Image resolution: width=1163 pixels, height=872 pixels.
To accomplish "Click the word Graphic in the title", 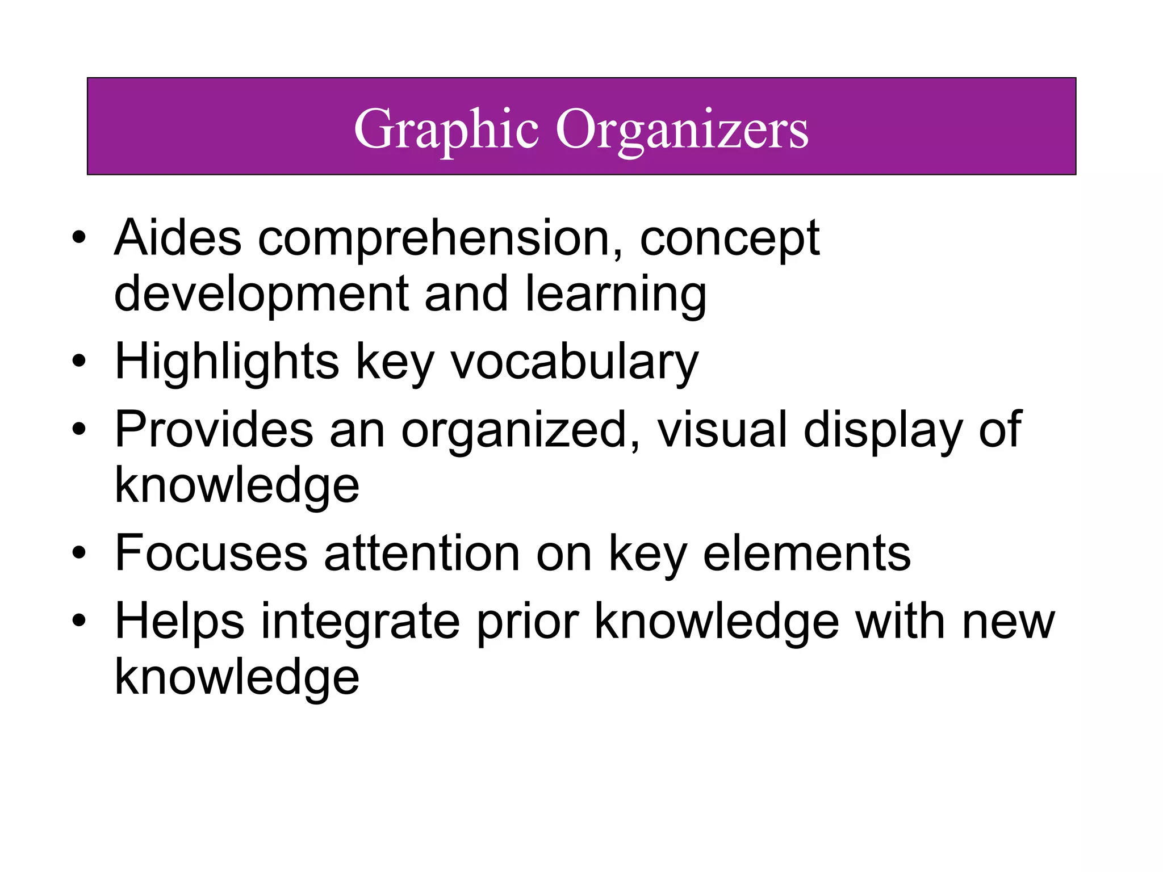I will coord(446,129).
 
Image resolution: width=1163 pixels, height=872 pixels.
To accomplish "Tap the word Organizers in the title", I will coord(681,129).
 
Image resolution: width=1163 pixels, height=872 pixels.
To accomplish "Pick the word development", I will coord(261,294).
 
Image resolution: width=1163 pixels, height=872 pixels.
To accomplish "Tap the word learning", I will coord(616,294).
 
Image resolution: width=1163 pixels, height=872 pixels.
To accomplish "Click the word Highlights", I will coord(227,362).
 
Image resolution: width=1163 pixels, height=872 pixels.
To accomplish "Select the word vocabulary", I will coord(574,362).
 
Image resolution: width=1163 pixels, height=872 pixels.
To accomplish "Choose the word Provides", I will coord(214,429).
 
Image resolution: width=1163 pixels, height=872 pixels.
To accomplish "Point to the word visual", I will coord(722,429).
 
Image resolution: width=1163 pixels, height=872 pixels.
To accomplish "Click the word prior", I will coord(528,622).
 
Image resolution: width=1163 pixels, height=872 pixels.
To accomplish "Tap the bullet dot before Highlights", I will coord(79,362).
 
